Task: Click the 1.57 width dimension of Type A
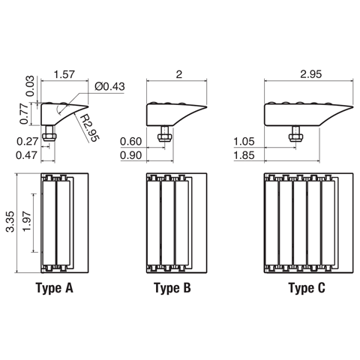[x=64, y=74]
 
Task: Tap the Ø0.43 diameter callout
[x=109, y=86]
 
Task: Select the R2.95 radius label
[x=90, y=127]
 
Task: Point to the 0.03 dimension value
[x=30, y=86]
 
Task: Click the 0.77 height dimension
[x=25, y=114]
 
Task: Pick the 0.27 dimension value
[x=27, y=142]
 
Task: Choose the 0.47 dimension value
[x=26, y=155]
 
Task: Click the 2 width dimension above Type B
[x=179, y=74]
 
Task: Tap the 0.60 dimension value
[x=131, y=142]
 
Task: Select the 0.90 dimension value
[x=131, y=155]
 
